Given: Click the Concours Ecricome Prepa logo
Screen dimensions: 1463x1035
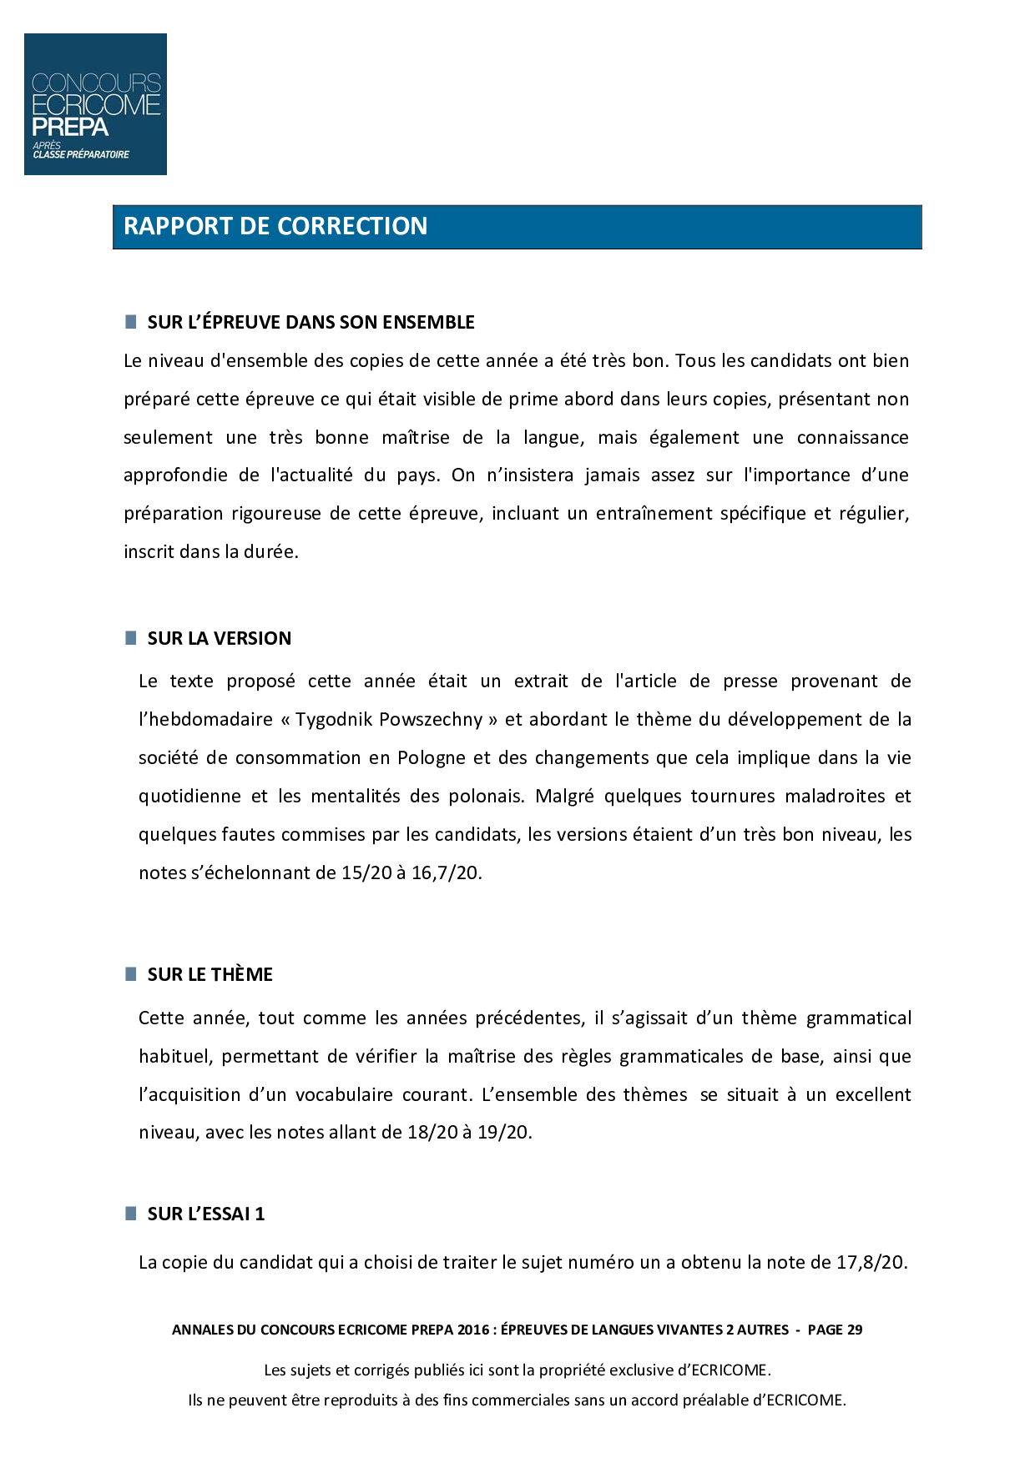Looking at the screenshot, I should pos(95,104).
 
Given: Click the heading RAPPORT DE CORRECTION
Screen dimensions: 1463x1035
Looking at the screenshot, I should pos(275,226).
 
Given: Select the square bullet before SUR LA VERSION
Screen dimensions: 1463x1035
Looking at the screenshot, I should pos(131,638).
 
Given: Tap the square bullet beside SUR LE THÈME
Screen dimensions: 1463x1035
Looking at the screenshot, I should pos(131,974).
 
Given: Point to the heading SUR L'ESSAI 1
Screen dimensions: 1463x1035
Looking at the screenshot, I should pos(205,1214).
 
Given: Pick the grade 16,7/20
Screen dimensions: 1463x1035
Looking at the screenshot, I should pos(446,873).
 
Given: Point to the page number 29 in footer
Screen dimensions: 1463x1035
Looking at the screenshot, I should pos(854,1330).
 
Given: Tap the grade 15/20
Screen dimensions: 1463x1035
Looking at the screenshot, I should pos(366,873).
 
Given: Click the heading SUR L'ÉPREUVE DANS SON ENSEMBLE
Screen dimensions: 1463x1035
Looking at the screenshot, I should pos(310,322).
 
